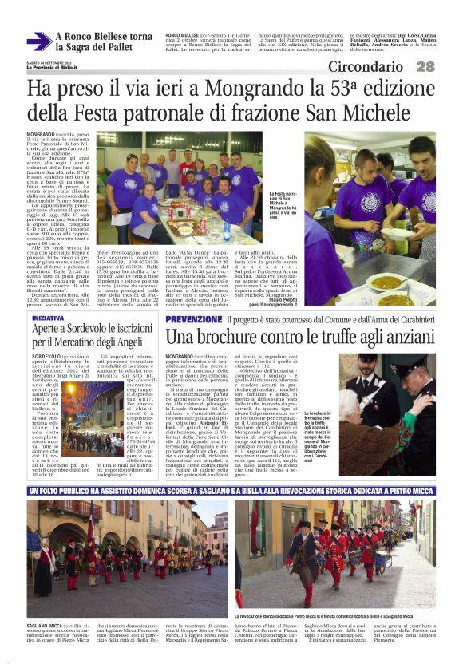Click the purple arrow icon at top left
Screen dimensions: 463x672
pos(38,42)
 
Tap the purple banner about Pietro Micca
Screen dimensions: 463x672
pos(231,490)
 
